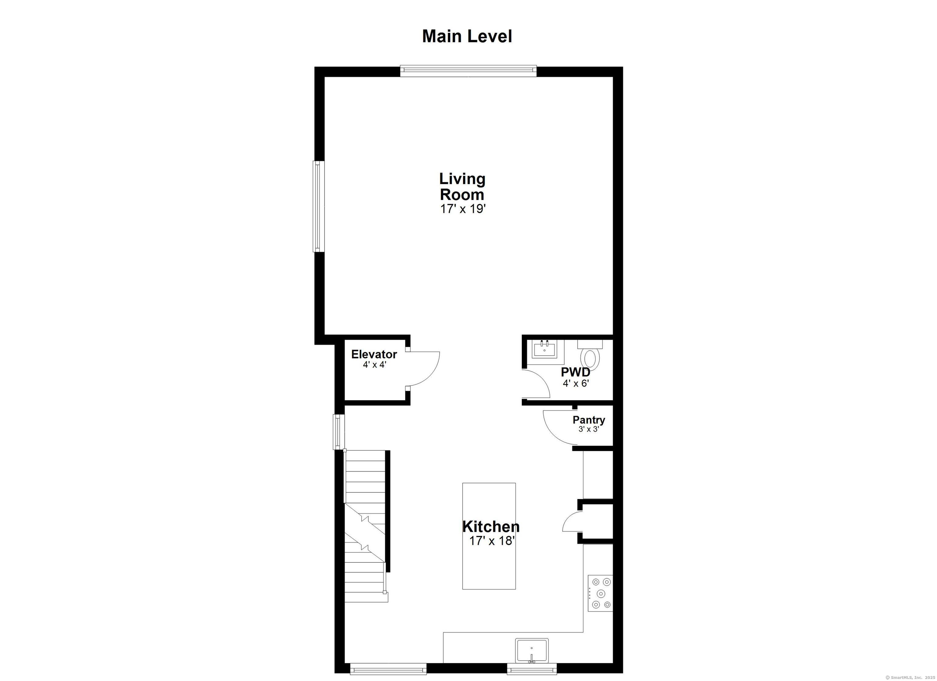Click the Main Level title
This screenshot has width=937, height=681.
[x=467, y=36]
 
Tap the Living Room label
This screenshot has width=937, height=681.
[x=462, y=187]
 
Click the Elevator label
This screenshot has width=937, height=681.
[x=374, y=354]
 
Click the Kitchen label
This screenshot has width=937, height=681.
[x=491, y=526]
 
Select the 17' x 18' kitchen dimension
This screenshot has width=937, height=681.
[x=491, y=540]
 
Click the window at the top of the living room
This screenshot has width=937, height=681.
[x=468, y=71]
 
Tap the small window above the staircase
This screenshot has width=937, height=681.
[x=339, y=432]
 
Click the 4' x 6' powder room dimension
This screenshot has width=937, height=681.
[x=575, y=383]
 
